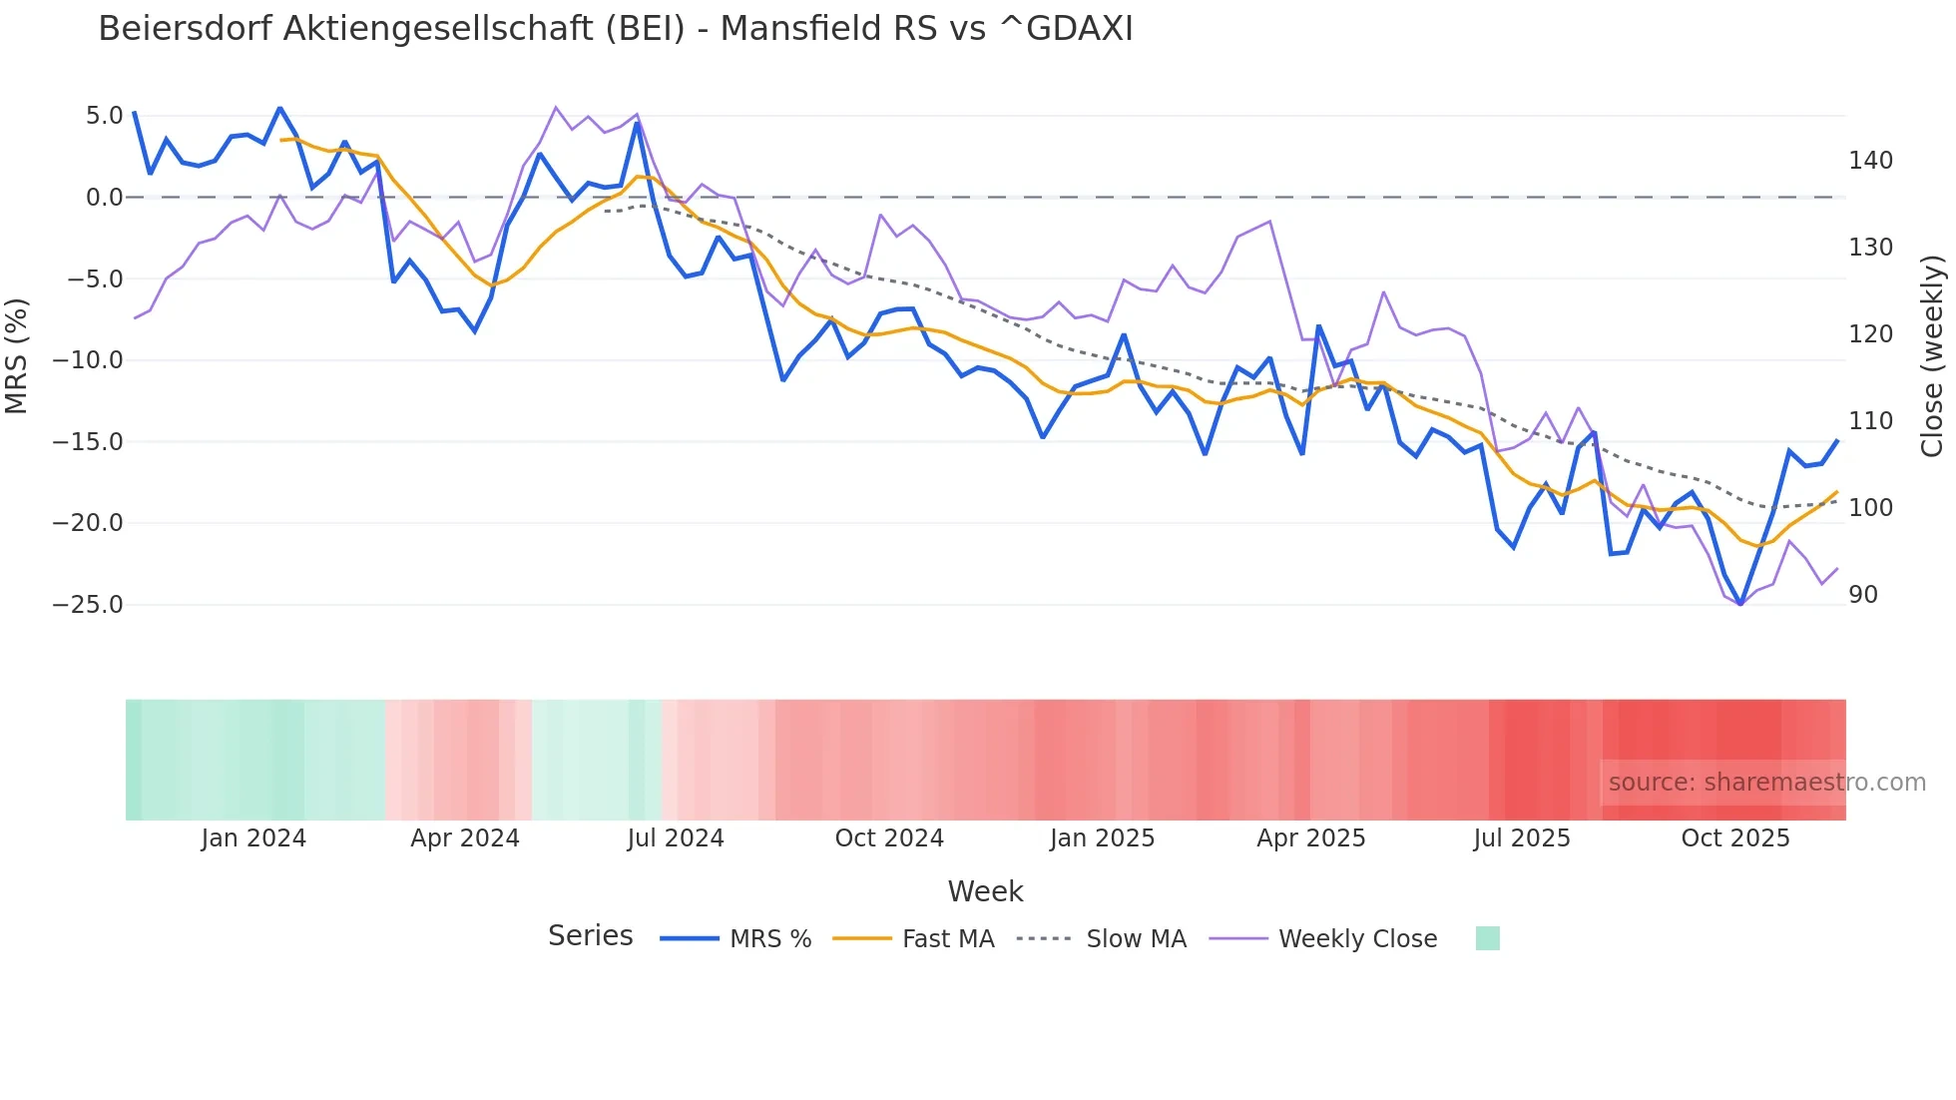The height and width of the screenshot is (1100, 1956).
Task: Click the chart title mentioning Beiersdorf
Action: (616, 29)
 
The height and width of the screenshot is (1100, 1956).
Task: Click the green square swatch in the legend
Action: (1487, 938)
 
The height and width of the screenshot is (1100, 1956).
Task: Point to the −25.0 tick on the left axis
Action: (88, 605)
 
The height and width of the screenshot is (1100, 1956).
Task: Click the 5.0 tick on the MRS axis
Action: (104, 116)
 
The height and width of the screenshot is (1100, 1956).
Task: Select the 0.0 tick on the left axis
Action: (104, 198)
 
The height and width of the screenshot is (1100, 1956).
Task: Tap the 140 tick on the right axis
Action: (1870, 161)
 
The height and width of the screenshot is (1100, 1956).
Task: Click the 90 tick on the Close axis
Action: (1863, 595)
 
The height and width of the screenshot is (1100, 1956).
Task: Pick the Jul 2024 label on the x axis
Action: (676, 838)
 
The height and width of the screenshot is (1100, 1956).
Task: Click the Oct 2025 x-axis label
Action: (1735, 838)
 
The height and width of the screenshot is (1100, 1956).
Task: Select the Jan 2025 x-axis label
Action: (1102, 838)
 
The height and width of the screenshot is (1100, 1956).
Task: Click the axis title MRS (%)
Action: (17, 356)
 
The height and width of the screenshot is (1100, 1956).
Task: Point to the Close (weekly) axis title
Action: (1933, 356)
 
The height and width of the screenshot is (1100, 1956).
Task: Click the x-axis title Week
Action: (985, 891)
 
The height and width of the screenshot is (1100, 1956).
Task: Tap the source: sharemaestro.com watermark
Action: (1766, 783)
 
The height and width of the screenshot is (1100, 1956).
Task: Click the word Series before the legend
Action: (590, 936)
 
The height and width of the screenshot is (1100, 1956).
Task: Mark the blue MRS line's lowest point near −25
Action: (1740, 605)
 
